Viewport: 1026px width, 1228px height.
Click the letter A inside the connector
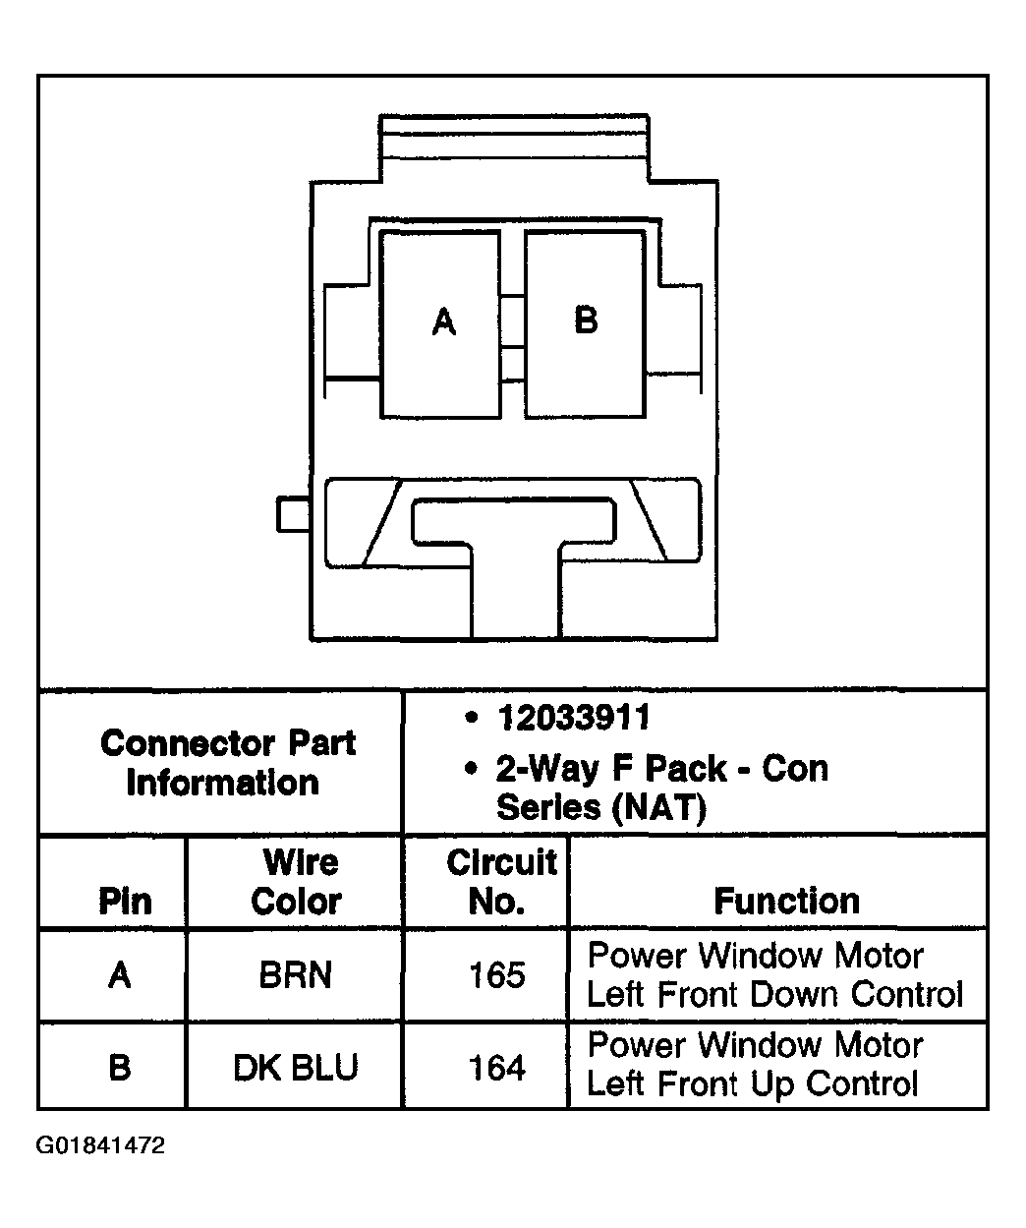click(444, 322)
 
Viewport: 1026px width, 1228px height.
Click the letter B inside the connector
click(586, 320)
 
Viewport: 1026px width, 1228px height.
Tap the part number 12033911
click(573, 719)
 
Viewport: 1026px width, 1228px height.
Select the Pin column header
click(125, 901)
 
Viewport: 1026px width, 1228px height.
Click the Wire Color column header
click(298, 882)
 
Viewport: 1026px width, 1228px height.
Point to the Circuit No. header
click(500, 882)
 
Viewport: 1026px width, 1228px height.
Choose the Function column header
click(786, 901)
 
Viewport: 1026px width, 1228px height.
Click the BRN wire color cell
click(295, 975)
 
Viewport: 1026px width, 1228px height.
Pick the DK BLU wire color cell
click(295, 1067)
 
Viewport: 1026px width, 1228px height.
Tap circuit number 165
click(497, 975)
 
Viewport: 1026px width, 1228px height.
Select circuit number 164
click(497, 1067)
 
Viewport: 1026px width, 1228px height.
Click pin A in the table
click(120, 975)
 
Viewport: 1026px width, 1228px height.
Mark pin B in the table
click(120, 1067)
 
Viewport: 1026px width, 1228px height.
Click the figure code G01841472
click(100, 1146)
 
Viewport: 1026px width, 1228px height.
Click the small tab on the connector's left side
click(293, 514)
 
